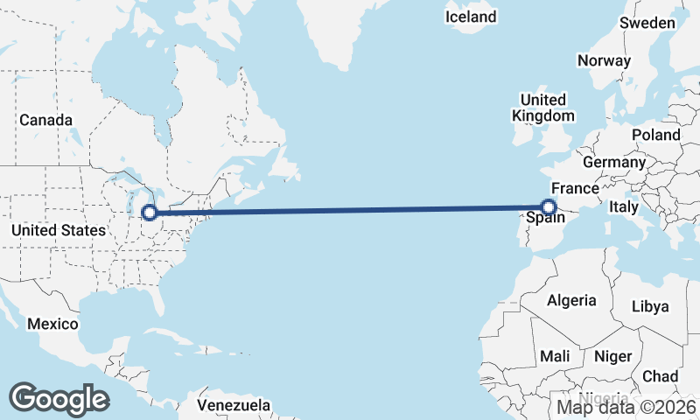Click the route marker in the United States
pos(150,212)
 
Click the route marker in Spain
pos(549,207)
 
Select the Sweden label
pos(647,24)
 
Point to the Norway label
pos(604,61)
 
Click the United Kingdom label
pos(543,108)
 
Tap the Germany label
pos(613,163)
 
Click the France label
pos(575,188)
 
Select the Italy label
pos(624,207)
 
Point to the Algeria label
pos(571,301)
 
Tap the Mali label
pos(556,357)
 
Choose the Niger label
pos(612,357)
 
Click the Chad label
pos(660,376)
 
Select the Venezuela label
pos(233,406)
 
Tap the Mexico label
pos(52,325)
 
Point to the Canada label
pos(45,120)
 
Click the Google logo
pos(59,398)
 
